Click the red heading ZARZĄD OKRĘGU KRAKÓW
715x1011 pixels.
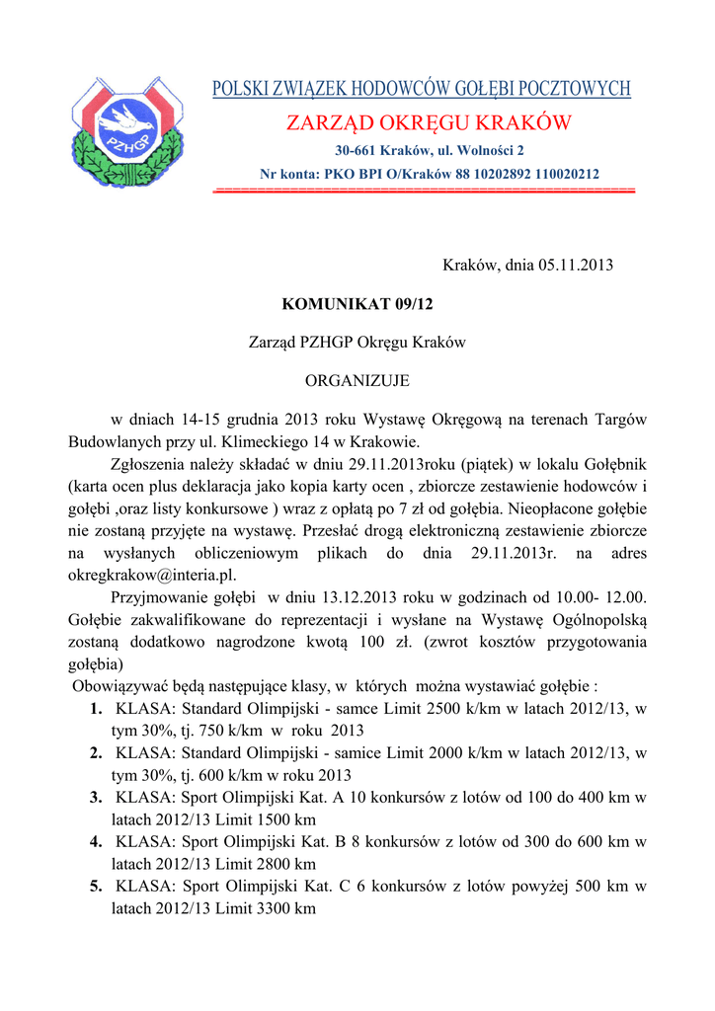pos(429,124)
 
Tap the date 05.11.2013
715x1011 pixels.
pos(576,266)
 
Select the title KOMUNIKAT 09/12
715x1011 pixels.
pos(357,304)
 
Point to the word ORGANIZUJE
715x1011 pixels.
pos(357,380)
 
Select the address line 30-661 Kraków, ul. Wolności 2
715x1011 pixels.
pos(429,151)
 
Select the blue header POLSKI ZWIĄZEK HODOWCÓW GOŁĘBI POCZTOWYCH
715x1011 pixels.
pos(422,90)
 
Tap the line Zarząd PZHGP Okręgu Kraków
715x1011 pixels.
pos(357,343)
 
